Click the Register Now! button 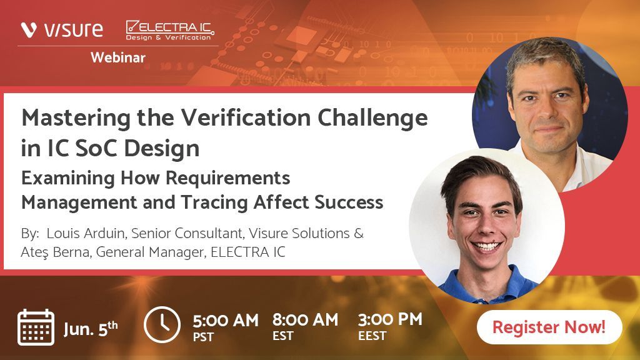(x=549, y=327)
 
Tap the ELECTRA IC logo (x=169, y=29)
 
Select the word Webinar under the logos (x=117, y=58)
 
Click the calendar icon (x=36, y=327)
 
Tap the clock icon (x=162, y=324)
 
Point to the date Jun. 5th (x=91, y=327)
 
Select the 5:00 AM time (x=225, y=321)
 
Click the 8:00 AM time (x=305, y=320)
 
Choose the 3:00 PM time (x=390, y=319)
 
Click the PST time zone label (x=203, y=337)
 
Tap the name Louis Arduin (x=82, y=234)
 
